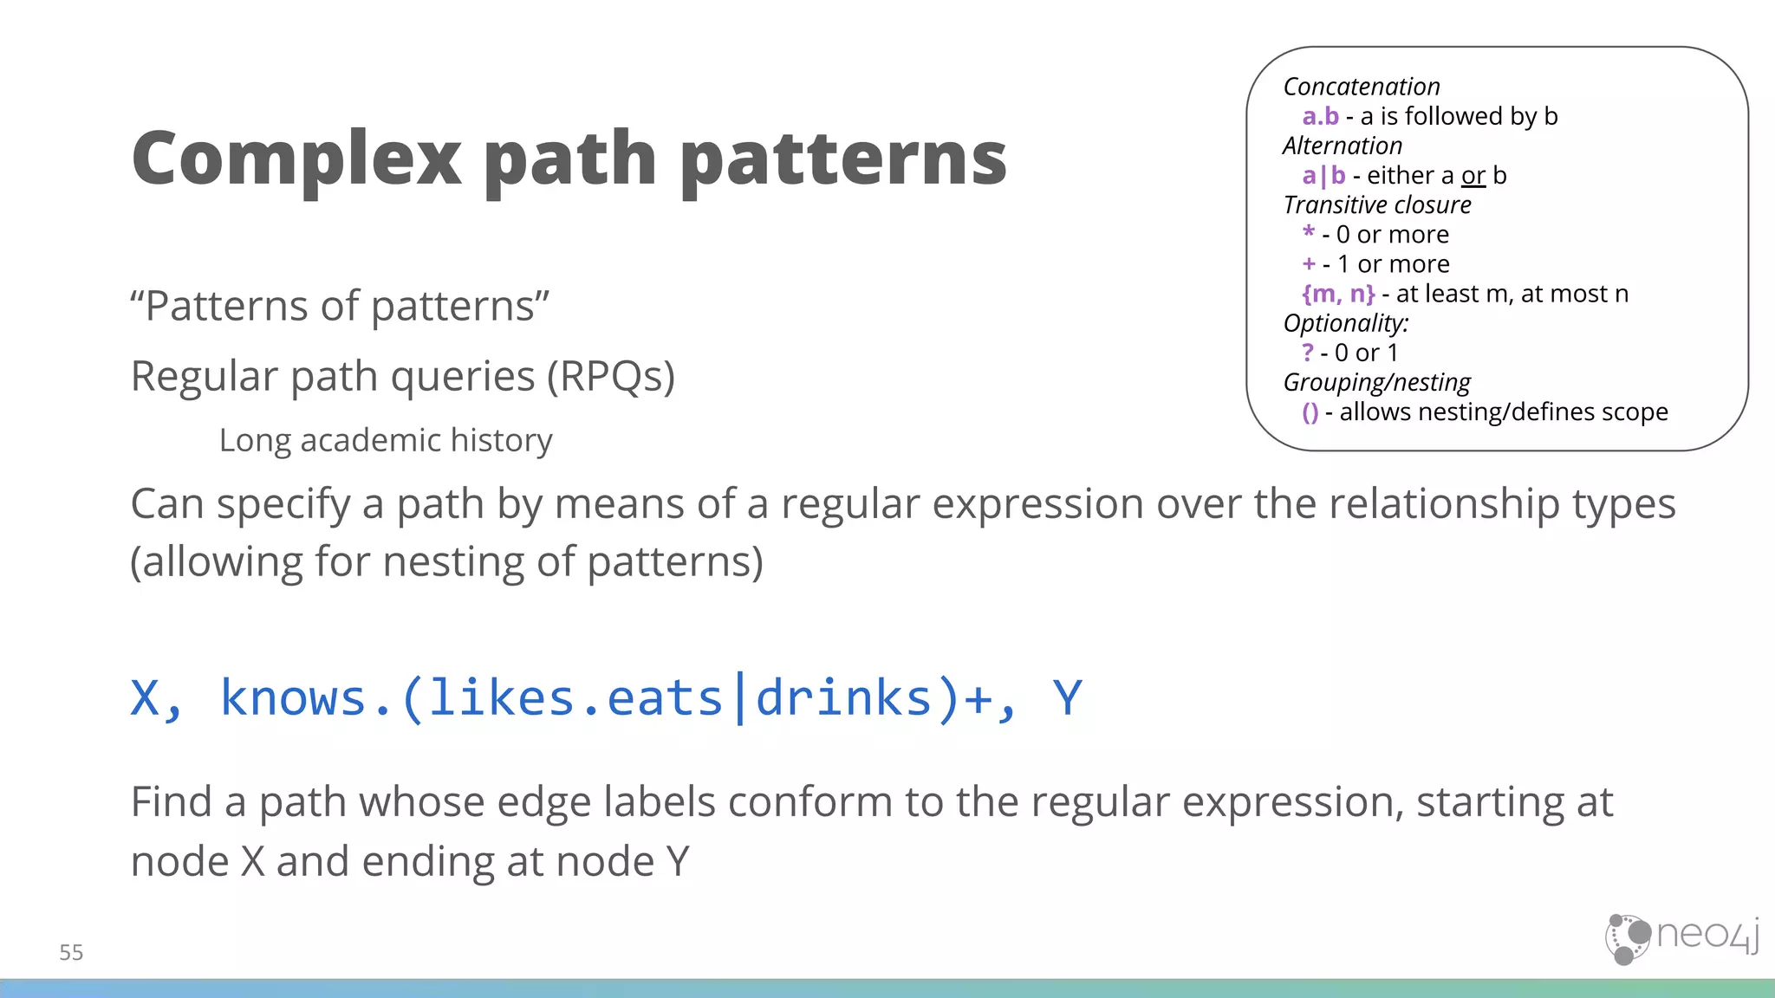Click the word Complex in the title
(x=296, y=159)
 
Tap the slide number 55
(x=71, y=952)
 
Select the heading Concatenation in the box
(x=1361, y=87)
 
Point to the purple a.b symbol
(x=1320, y=116)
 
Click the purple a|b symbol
(x=1323, y=176)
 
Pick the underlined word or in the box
(x=1473, y=176)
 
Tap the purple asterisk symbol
(x=1309, y=232)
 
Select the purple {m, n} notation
(x=1337, y=294)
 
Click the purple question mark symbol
(x=1308, y=353)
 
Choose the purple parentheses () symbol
(x=1310, y=412)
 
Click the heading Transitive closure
(x=1376, y=205)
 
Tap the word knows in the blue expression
(x=293, y=697)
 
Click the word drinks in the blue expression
(x=843, y=697)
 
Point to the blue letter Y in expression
(x=1067, y=697)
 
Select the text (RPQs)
(x=611, y=377)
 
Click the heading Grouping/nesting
(x=1376, y=382)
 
